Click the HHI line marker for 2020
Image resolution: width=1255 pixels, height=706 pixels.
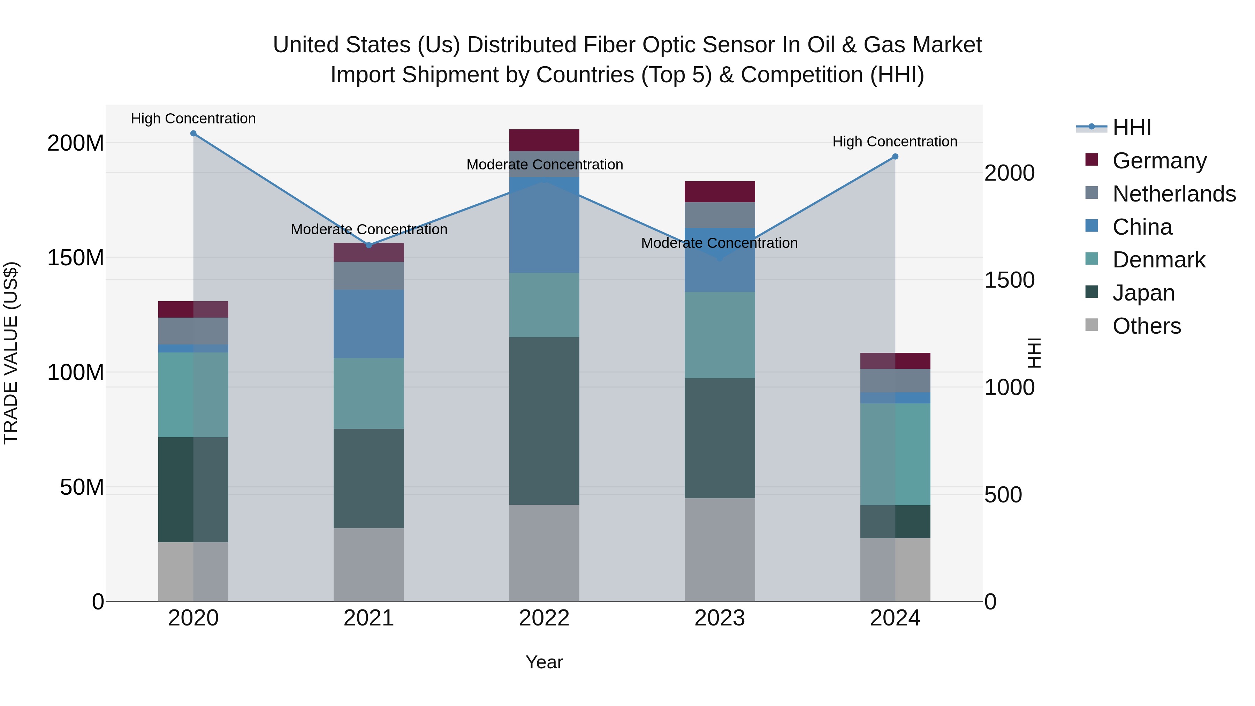pos(193,134)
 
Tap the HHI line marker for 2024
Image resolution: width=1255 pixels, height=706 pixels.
pos(895,157)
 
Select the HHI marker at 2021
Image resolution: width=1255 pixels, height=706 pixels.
pos(369,245)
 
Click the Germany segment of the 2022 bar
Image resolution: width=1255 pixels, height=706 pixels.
pos(544,140)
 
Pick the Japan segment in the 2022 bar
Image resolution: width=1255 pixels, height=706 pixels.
pos(544,420)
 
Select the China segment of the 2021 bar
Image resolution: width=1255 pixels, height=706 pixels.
pos(369,324)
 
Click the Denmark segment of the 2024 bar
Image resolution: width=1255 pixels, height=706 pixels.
pos(895,454)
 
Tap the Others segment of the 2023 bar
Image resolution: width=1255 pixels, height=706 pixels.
pos(720,549)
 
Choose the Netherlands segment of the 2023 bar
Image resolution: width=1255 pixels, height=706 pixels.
pos(720,215)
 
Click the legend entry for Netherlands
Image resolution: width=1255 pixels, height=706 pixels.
pos(1174,194)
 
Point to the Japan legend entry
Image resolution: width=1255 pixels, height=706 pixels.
pos(1143,293)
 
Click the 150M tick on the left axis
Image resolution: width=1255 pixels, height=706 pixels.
pos(76,258)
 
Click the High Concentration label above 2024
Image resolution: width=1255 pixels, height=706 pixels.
pos(895,142)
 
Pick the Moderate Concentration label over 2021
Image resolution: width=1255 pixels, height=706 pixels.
pos(369,229)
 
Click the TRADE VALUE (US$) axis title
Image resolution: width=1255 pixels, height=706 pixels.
pos(11,353)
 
